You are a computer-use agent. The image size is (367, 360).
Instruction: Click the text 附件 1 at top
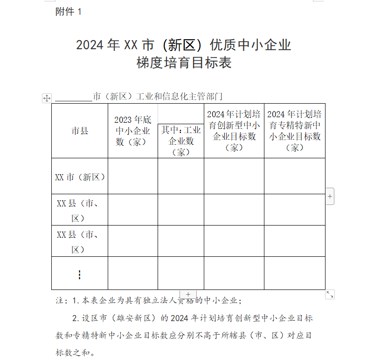tap(68, 12)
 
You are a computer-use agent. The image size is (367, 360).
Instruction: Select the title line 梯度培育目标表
tap(184, 63)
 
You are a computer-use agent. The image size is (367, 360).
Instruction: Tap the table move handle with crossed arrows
tap(47, 98)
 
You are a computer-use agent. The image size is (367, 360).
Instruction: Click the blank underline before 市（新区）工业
tap(74, 97)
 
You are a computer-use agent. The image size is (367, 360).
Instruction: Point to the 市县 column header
tap(80, 131)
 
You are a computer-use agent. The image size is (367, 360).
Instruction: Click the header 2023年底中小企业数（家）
tap(133, 131)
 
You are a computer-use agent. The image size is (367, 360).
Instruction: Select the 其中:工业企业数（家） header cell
tap(181, 141)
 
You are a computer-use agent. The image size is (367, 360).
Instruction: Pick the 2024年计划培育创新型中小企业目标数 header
tap(234, 131)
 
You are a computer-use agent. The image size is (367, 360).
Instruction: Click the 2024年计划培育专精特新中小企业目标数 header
tap(295, 131)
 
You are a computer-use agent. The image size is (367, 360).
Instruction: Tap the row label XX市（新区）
tap(80, 177)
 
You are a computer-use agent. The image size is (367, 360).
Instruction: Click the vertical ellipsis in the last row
tap(79, 275)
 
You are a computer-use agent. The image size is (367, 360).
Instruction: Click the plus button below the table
tap(188, 295)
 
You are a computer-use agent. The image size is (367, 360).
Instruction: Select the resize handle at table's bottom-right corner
tap(330, 295)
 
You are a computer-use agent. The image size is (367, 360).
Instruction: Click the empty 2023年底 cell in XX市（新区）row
tap(133, 176)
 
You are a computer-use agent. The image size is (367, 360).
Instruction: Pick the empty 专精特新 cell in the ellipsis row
tap(295, 273)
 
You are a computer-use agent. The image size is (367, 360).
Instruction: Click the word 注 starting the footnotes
tap(59, 301)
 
